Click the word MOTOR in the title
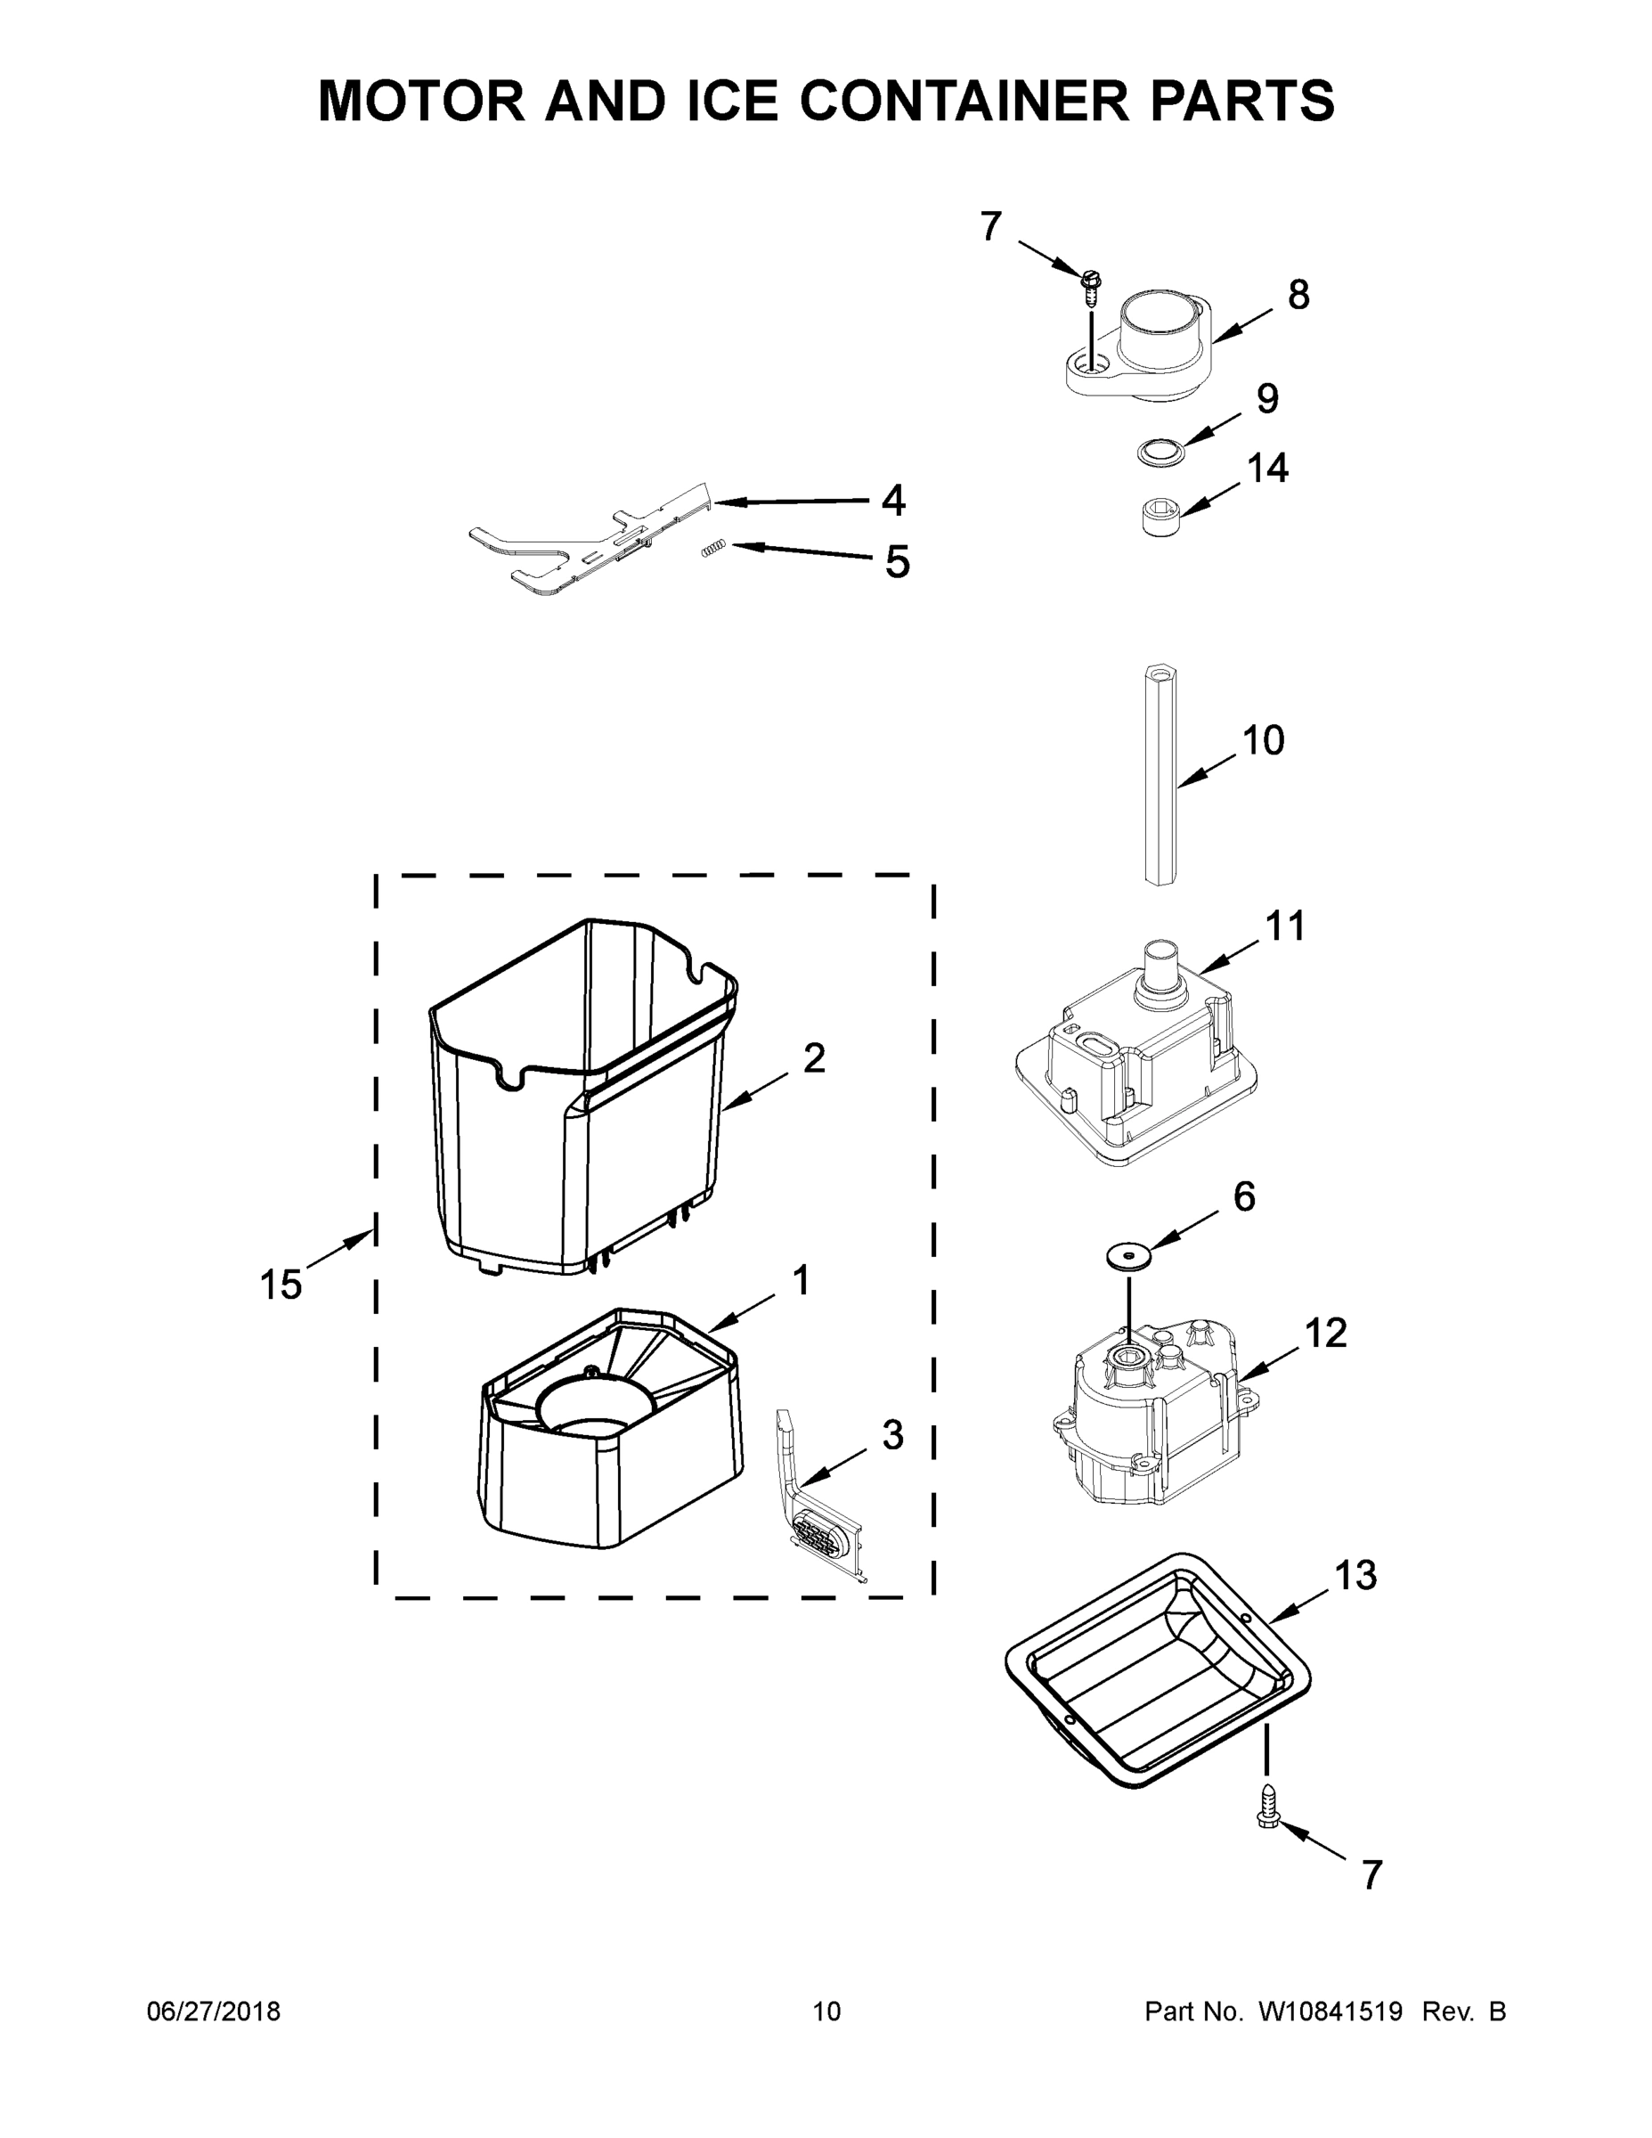point(422,100)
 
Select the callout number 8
point(1298,295)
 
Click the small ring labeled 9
point(1161,452)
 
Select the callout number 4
point(892,501)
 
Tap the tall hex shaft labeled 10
point(1160,774)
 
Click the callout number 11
point(1285,926)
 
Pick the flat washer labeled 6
point(1129,1254)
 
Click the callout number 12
point(1326,1333)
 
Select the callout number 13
point(1355,1575)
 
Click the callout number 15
point(281,1285)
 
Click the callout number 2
point(814,1058)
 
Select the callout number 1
point(801,1280)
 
